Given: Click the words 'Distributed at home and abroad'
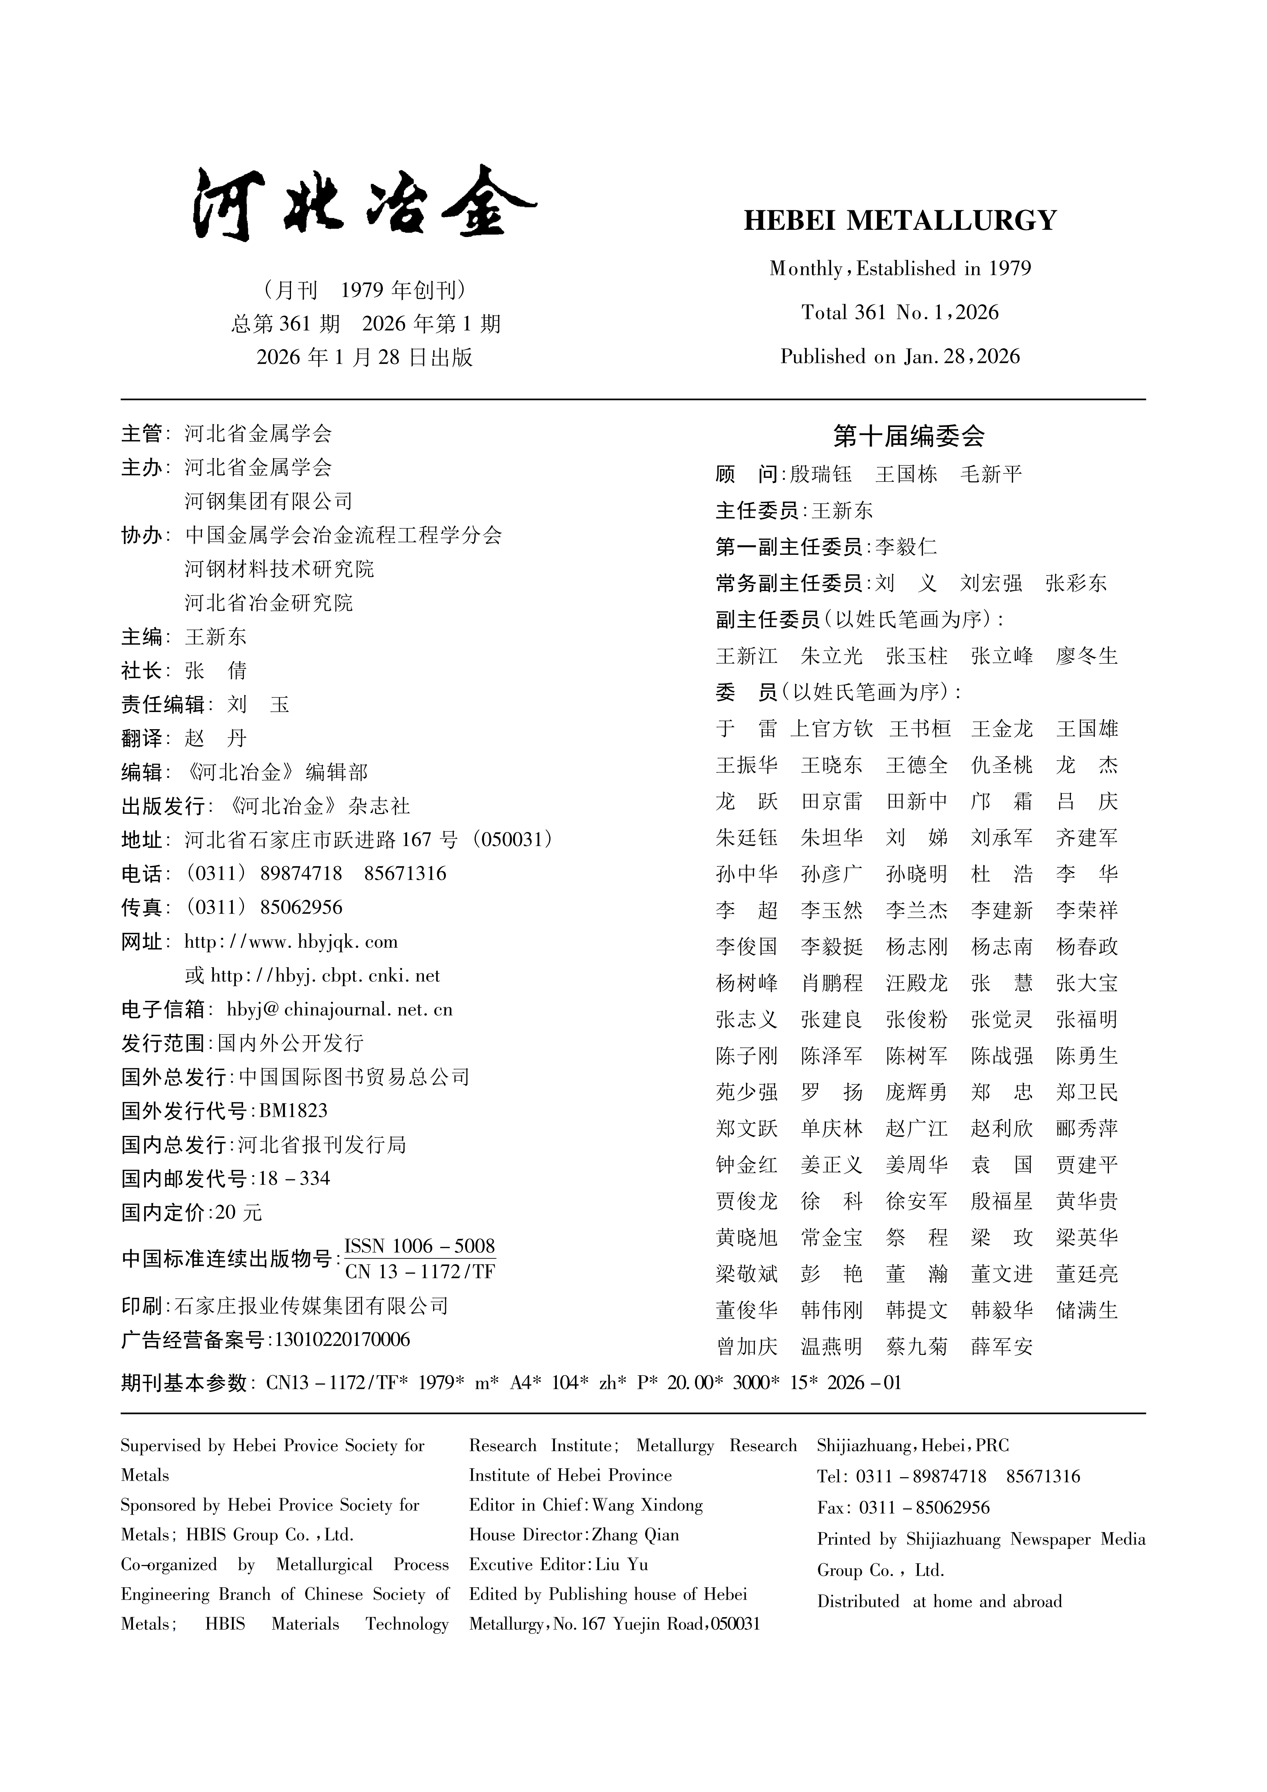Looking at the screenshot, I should coord(939,1602).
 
